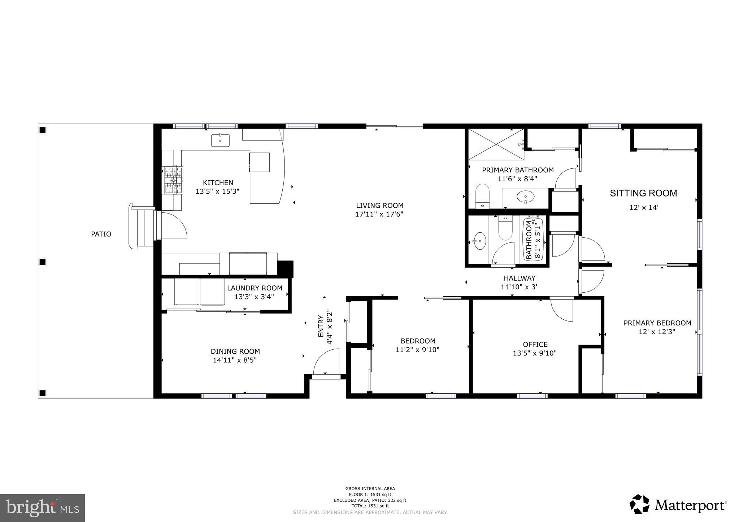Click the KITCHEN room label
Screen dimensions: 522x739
(x=218, y=183)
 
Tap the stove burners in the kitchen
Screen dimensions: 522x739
(x=174, y=180)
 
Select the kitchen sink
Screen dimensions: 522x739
(x=220, y=140)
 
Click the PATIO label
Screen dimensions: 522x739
(x=101, y=234)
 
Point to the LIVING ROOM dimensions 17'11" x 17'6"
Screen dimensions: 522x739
(x=379, y=214)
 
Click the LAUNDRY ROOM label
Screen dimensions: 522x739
(x=255, y=288)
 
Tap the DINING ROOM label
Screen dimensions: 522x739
(x=235, y=351)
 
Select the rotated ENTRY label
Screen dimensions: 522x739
(x=321, y=326)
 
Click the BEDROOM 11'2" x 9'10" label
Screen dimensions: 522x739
(x=418, y=341)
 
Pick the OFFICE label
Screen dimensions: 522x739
(x=535, y=345)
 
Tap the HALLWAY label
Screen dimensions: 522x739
(x=520, y=278)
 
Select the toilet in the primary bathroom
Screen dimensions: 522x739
(x=482, y=196)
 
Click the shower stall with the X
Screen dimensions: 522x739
(x=496, y=144)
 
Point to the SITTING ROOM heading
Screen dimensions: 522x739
(x=643, y=193)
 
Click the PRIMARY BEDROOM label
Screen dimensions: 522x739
(x=657, y=323)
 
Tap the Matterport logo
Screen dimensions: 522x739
(x=678, y=504)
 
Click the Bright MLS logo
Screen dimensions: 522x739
(x=43, y=508)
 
